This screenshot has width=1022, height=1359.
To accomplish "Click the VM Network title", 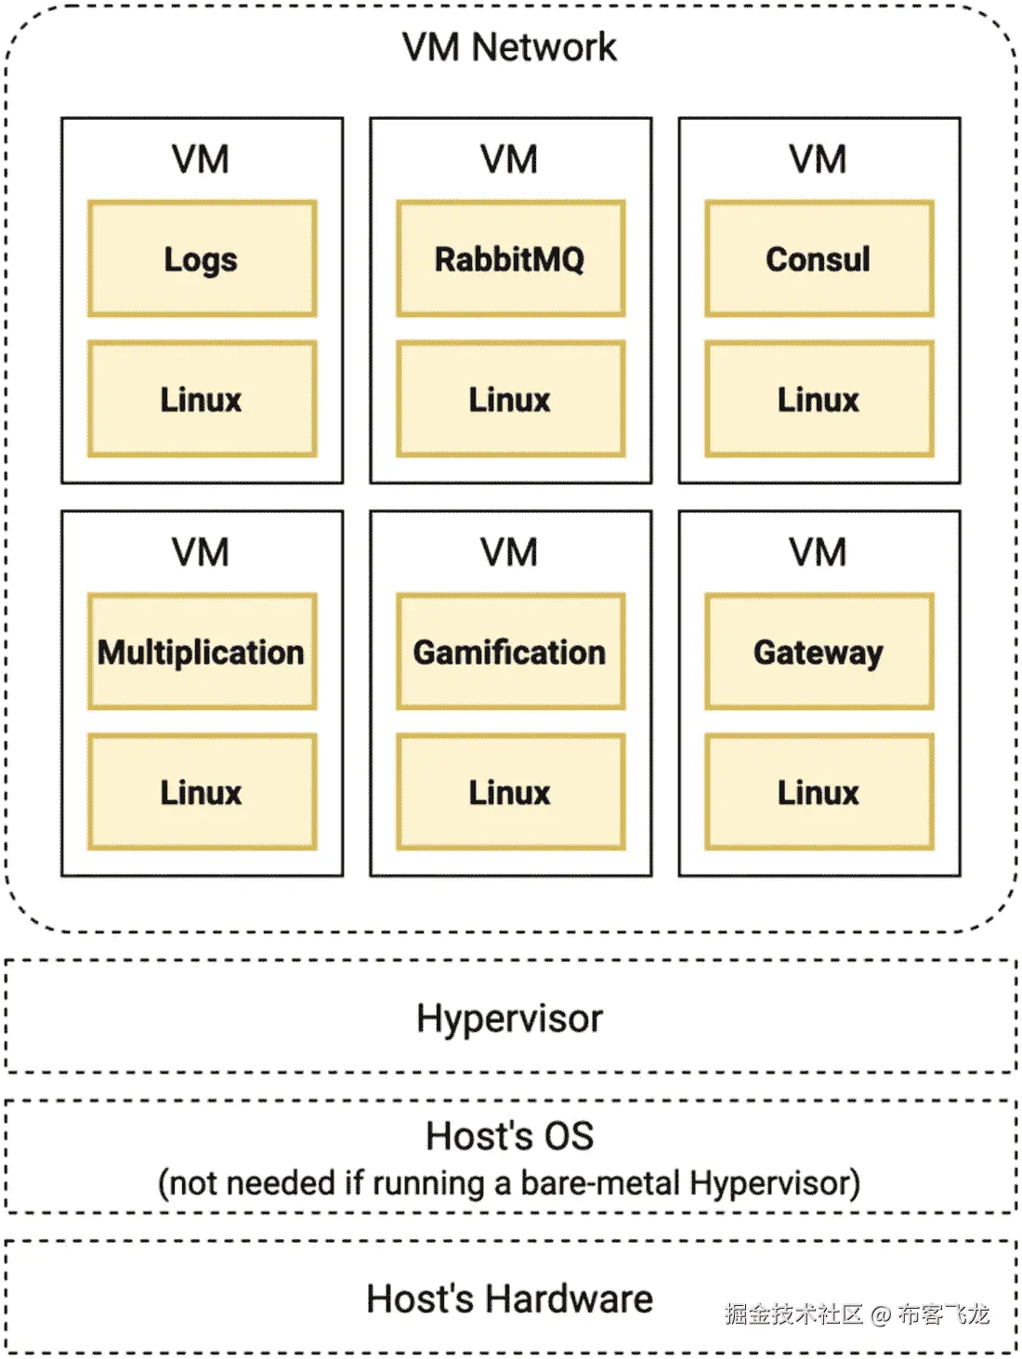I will pos(509,46).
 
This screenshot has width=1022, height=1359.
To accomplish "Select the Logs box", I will pos(202,258).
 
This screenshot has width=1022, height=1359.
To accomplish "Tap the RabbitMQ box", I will pos(510,258).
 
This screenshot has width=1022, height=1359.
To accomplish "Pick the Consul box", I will pos(819,258).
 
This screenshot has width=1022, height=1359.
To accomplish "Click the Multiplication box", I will pos(202,652).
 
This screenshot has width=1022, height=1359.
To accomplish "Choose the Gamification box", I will pos(510,652).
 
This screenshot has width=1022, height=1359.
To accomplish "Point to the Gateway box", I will pos(819,652).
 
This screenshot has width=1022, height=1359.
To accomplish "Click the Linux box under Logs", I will pos(202,400).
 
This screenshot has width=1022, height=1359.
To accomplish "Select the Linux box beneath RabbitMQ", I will pos(510,400).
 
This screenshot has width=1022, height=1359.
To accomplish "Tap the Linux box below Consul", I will pos(819,400).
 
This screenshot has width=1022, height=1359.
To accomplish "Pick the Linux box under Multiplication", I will pos(202,792).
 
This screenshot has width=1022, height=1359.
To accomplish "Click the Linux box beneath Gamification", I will pos(510,792).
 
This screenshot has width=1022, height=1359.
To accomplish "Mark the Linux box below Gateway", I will pos(819,792).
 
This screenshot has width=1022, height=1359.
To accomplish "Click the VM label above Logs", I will pos(201,159).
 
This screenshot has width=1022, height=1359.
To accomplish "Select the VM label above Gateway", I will pos(819,552).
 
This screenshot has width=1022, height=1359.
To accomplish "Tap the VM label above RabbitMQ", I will pos(509,159).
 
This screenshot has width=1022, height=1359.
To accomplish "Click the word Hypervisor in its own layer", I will pos(509,1018).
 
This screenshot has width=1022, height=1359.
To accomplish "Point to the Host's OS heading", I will pos(509,1135).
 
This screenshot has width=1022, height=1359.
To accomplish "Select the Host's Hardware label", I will pos(509,1299).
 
